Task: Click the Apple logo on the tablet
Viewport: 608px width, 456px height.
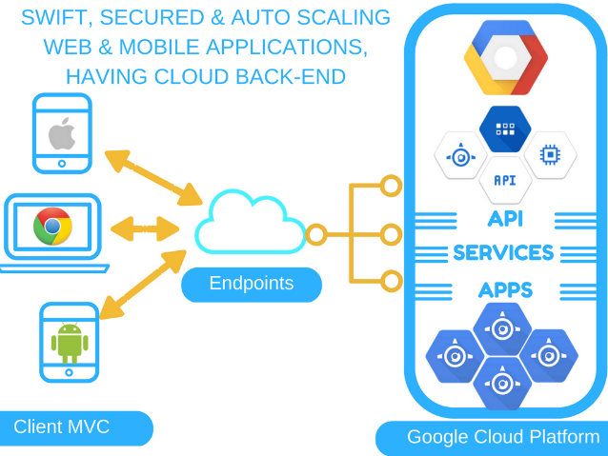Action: pos(62,134)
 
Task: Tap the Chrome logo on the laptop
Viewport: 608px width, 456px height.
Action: pos(52,227)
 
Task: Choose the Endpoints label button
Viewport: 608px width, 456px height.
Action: pos(252,284)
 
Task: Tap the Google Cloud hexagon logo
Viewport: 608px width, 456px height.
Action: pos(506,57)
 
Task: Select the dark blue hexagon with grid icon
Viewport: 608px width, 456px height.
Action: pos(505,129)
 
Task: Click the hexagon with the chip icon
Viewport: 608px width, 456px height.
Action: pos(550,153)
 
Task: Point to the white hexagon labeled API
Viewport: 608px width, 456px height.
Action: pos(505,179)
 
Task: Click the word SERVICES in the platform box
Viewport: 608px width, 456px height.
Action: pos(503,253)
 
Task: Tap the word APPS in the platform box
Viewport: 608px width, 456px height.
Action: pos(505,289)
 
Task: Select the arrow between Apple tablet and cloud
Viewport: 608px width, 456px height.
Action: pos(153,176)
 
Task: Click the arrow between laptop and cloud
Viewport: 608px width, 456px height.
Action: pos(145,228)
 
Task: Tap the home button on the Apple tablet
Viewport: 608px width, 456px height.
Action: pos(62,163)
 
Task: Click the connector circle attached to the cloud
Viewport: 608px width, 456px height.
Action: pos(315,233)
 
